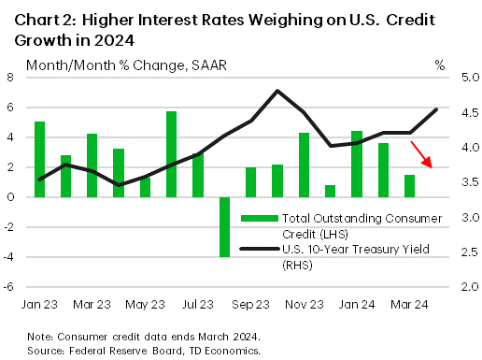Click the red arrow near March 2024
pyautogui.click(x=421, y=153)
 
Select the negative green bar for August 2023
pyautogui.click(x=224, y=226)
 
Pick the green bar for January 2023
pyautogui.click(x=39, y=159)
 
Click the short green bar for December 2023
pyautogui.click(x=330, y=191)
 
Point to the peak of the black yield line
pyautogui.click(x=277, y=91)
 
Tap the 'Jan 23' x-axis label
pyautogui.click(x=39, y=305)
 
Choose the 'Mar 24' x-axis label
pyautogui.click(x=409, y=305)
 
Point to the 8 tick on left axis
pyautogui.click(x=11, y=78)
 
